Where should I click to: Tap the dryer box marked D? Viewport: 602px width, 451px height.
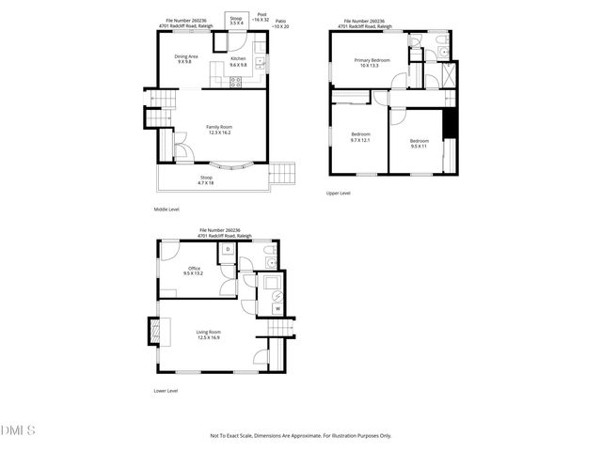[228, 249]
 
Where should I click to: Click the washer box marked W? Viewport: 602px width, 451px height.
[277, 307]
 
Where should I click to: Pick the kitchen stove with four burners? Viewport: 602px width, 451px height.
[236, 82]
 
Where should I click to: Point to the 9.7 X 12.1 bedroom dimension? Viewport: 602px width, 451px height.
[360, 140]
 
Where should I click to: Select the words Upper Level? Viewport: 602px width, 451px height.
[339, 194]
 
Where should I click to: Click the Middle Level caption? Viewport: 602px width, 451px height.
[166, 209]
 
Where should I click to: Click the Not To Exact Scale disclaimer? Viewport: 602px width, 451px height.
[300, 436]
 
